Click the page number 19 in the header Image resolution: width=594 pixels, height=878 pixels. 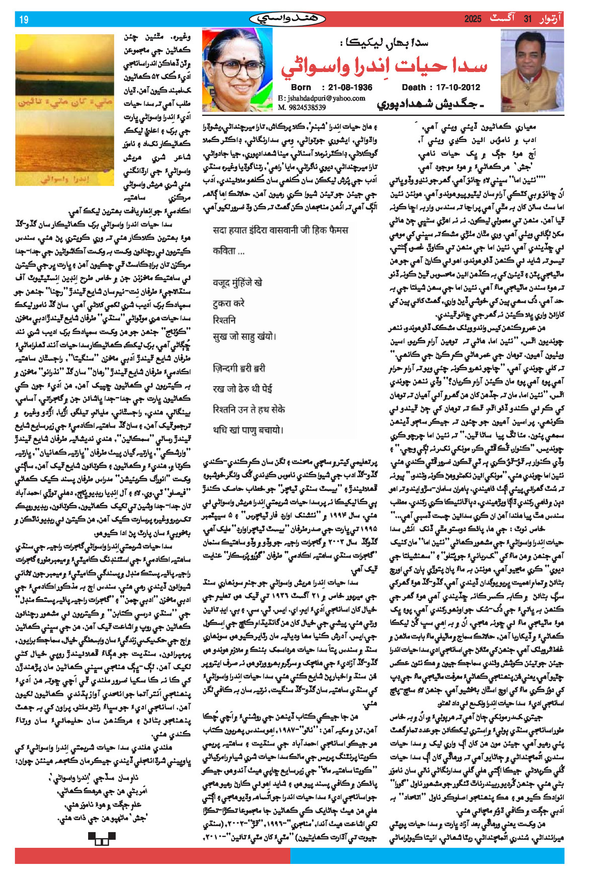pyautogui.click(x=24, y=20)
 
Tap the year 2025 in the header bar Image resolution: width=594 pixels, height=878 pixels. pyautogui.click(x=473, y=19)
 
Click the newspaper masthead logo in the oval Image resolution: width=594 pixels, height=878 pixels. pyautogui.click(x=287, y=19)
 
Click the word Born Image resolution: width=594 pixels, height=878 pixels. pyautogui.click(x=301, y=87)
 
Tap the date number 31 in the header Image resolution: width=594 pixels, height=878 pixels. pyautogui.click(x=528, y=19)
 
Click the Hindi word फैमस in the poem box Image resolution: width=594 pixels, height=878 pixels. pyautogui.click(x=337, y=230)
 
